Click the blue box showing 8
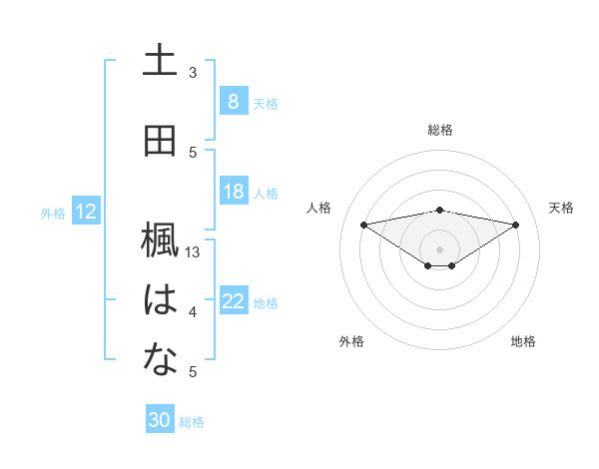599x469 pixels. coord(233,101)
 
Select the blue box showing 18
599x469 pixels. coord(233,192)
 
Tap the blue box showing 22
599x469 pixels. coord(233,301)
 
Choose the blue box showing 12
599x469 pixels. coord(85,212)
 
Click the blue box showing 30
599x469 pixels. coord(160,420)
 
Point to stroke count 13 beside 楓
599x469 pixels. coord(193,252)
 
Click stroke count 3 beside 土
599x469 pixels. coord(193,72)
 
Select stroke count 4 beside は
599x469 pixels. coord(193,312)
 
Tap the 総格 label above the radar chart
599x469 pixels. coord(440,130)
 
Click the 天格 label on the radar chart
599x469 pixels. coord(561,208)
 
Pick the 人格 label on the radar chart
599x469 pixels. coord(319,208)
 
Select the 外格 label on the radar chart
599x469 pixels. coord(351,341)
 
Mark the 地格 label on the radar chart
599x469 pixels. coord(523,341)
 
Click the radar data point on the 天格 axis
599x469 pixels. coord(515,224)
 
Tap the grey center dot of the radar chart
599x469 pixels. coord(440,247)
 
